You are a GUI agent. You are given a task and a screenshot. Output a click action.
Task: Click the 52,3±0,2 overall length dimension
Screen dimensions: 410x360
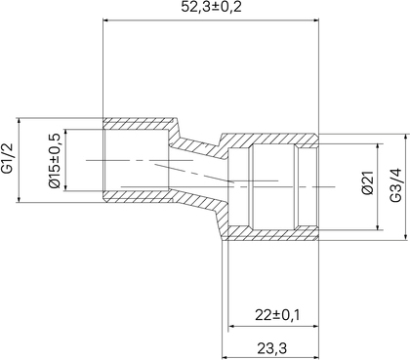tap(211, 7)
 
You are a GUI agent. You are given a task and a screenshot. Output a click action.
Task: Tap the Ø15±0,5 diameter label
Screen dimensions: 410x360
tap(55, 160)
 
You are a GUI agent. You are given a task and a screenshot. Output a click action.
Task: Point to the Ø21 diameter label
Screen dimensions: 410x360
tap(367, 182)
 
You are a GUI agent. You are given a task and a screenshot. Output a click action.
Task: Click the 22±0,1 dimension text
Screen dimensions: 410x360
tap(277, 315)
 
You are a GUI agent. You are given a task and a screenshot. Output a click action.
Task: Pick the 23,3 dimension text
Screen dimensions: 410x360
tap(272, 349)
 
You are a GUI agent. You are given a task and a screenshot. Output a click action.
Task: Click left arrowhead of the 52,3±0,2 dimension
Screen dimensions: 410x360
tap(106, 20)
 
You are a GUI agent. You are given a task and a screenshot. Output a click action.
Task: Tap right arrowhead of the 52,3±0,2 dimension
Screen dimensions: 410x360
tap(315, 20)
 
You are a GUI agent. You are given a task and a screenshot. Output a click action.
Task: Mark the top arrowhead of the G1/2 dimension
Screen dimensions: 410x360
tap(20, 121)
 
